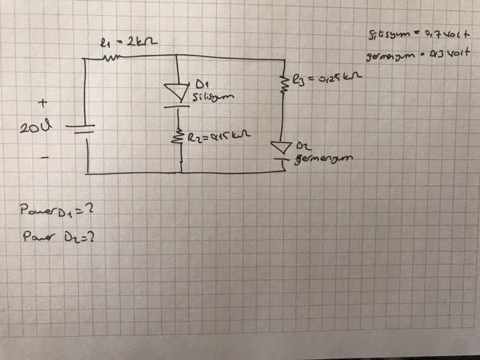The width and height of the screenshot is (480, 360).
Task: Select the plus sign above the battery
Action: click(43, 104)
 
